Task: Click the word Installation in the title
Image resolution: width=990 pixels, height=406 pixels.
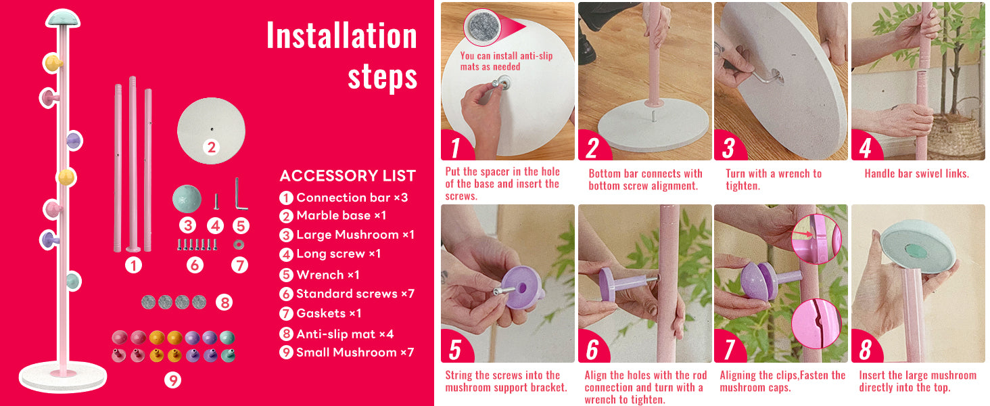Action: pyautogui.click(x=341, y=35)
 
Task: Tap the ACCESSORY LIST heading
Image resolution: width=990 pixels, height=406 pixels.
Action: pyautogui.click(x=348, y=175)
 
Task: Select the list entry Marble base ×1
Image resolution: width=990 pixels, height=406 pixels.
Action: pyautogui.click(x=341, y=215)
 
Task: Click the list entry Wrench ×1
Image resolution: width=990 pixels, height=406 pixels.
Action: pyautogui.click(x=327, y=275)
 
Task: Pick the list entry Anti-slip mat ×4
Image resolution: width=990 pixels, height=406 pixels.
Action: pyautogui.click(x=345, y=334)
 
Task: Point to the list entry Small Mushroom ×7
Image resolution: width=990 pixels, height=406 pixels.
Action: pyautogui.click(x=355, y=353)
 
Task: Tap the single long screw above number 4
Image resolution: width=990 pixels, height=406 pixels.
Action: pyautogui.click(x=216, y=201)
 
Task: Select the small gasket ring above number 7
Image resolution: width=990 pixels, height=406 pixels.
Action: pyautogui.click(x=239, y=244)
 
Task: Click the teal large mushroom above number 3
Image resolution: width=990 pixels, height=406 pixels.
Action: pyautogui.click(x=187, y=199)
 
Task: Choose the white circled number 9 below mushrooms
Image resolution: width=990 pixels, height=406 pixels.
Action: pyautogui.click(x=173, y=380)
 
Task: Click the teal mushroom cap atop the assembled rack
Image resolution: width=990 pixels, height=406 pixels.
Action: pyautogui.click(x=63, y=18)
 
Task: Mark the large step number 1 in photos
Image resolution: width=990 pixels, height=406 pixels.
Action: pyautogui.click(x=455, y=148)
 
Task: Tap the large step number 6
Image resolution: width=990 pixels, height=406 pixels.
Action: pyautogui.click(x=592, y=350)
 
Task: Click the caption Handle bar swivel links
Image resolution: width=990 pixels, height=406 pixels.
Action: pyautogui.click(x=917, y=174)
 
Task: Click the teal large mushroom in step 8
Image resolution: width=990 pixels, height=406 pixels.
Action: pyautogui.click(x=918, y=246)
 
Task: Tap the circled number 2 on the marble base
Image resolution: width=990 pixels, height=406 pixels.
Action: pyautogui.click(x=212, y=147)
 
